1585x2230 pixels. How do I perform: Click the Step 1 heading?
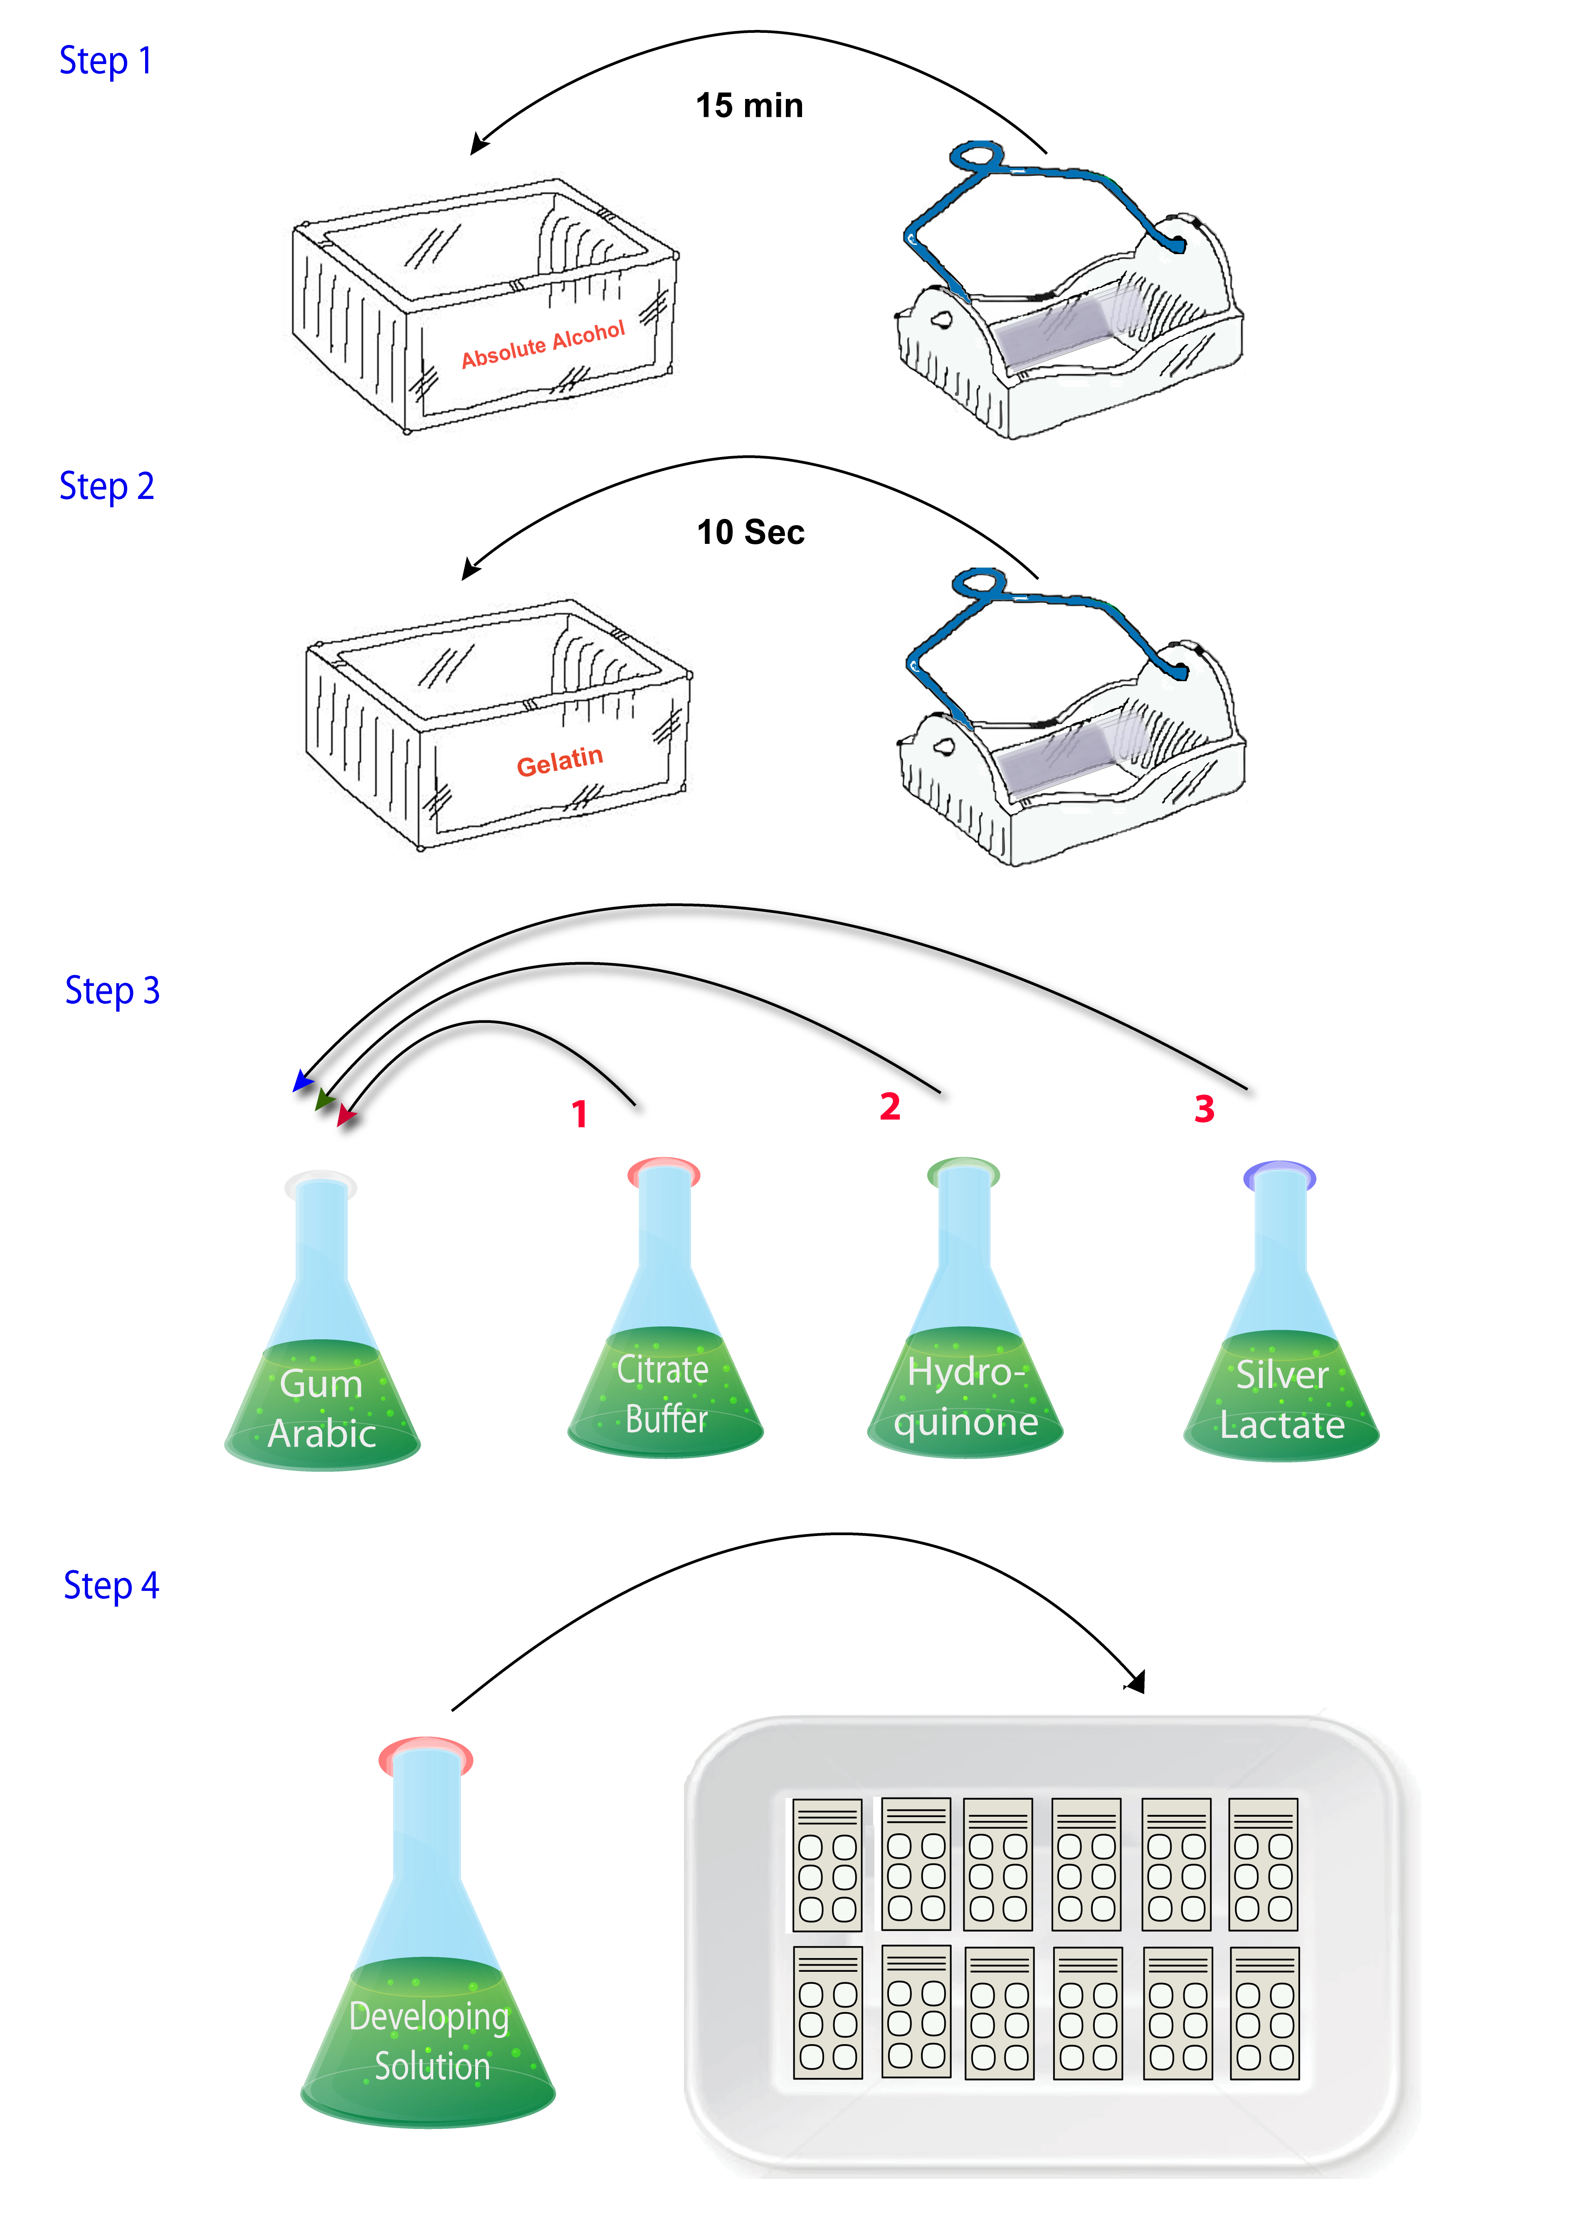(x=106, y=61)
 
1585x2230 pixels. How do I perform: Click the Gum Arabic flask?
(x=322, y=1366)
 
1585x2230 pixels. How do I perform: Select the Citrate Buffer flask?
(x=665, y=1356)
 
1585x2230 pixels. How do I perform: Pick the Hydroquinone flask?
(x=964, y=1356)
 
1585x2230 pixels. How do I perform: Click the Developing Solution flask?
(x=427, y=1981)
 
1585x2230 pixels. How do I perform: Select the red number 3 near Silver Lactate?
(x=1205, y=1109)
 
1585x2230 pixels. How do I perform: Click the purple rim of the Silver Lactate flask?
(x=1279, y=1174)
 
